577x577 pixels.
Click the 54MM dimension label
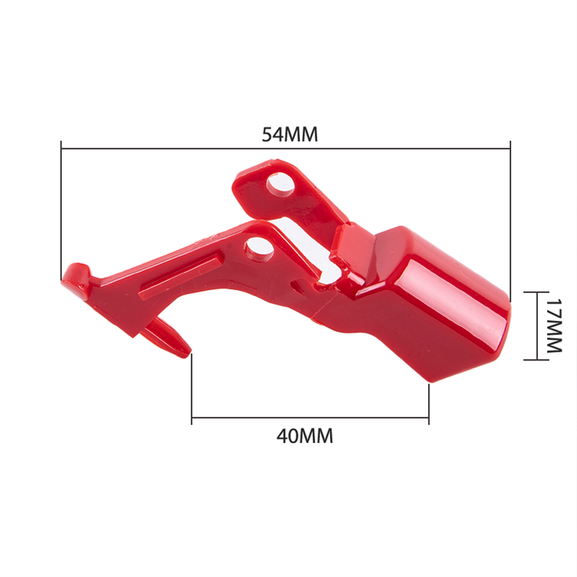[290, 134]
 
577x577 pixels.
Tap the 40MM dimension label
[305, 436]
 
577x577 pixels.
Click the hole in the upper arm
[280, 184]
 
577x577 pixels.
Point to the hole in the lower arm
[260, 248]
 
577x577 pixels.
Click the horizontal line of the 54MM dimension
[286, 149]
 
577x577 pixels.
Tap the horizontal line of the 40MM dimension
[310, 417]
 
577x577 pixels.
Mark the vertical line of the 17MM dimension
[537, 326]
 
